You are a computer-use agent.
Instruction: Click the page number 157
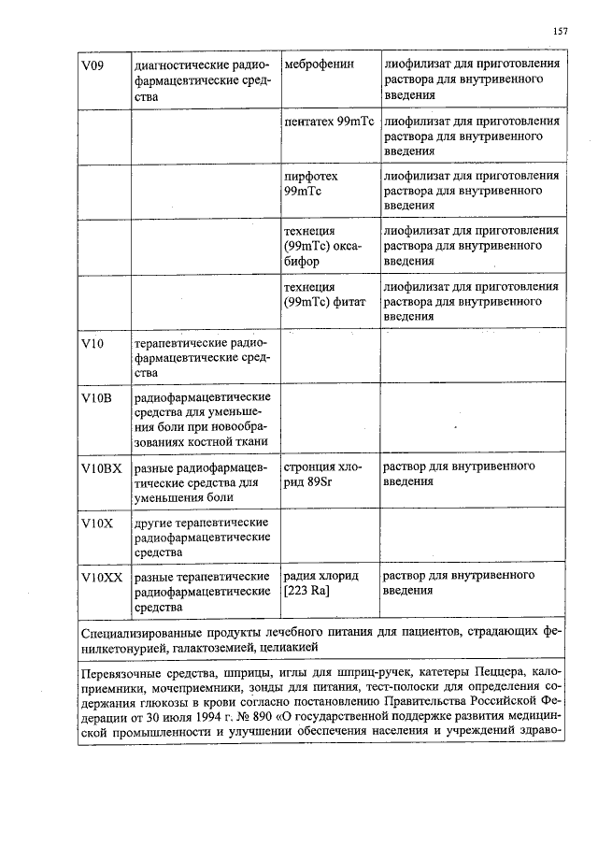(x=561, y=32)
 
